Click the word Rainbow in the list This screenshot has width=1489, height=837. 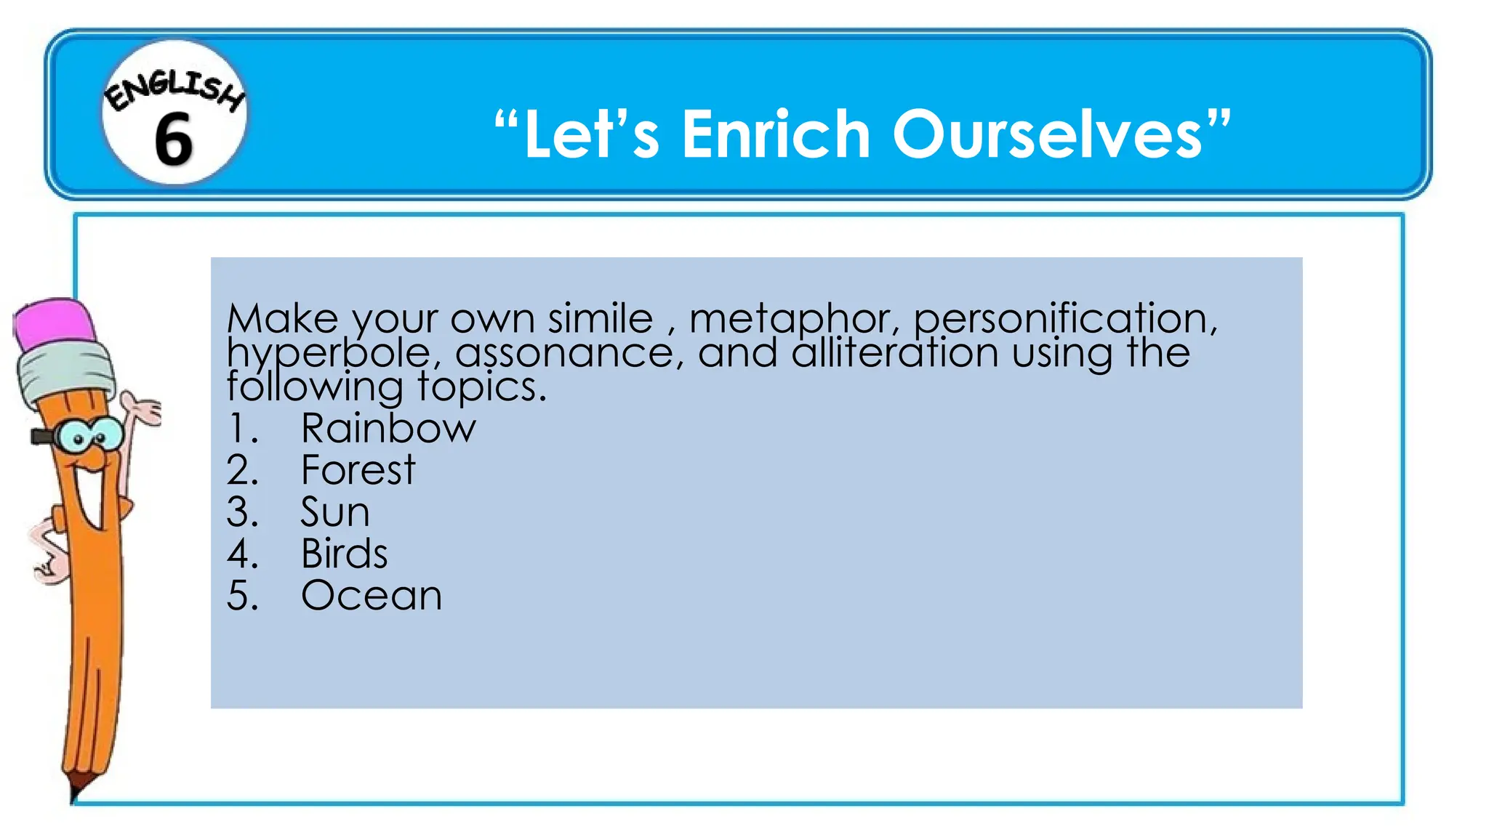(388, 428)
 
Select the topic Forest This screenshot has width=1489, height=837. (358, 470)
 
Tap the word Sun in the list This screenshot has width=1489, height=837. (335, 512)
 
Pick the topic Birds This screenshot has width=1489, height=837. (344, 554)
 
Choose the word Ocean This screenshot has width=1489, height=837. (372, 596)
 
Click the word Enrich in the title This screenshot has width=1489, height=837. (776, 134)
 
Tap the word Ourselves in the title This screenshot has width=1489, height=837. (1047, 134)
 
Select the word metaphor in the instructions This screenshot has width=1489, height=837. (793, 319)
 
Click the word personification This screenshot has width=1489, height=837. (1064, 319)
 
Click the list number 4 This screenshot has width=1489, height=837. (241, 554)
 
